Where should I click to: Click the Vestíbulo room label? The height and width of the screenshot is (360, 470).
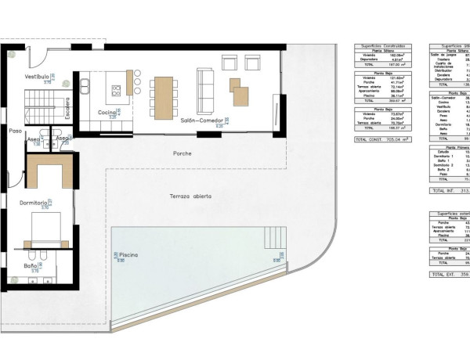[38, 77]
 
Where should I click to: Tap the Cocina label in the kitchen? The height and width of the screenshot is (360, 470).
[107, 113]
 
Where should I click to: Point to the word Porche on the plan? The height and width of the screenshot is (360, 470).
[183, 153]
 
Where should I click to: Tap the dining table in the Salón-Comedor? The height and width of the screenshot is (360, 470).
[162, 92]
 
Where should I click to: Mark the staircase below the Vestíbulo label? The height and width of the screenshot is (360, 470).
[38, 101]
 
